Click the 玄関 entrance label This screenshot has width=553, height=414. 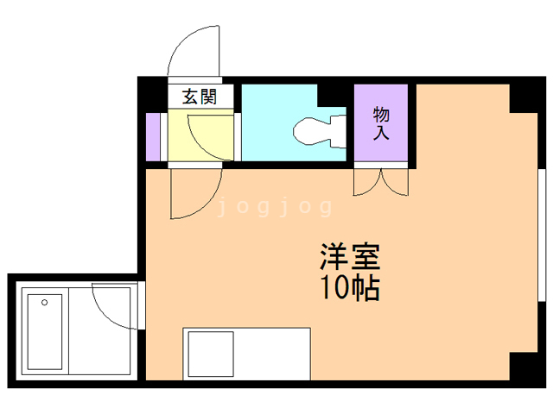point(199,96)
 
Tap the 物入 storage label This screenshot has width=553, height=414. point(381,123)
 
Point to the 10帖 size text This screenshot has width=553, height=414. point(350,288)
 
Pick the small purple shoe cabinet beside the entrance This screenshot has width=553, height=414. point(154,135)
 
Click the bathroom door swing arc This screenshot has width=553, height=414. point(113,306)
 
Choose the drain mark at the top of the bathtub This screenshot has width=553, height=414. point(45,302)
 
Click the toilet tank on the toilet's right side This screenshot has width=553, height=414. point(340,130)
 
